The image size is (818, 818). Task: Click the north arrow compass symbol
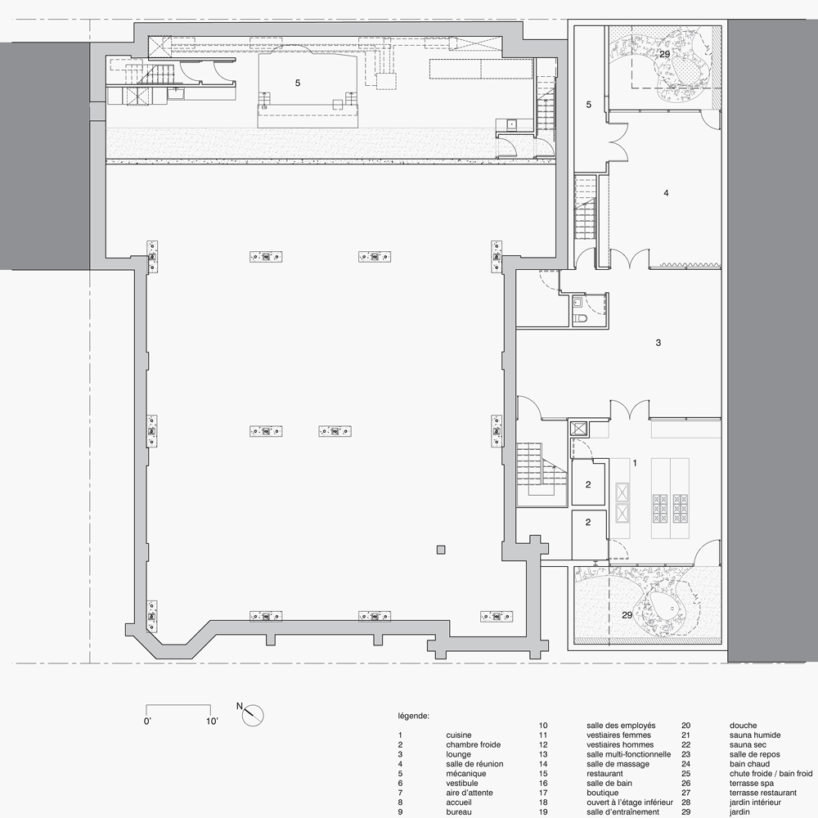(253, 715)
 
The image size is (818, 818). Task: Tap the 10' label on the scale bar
(212, 721)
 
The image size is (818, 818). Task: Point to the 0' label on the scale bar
(147, 721)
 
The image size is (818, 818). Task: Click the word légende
(414, 717)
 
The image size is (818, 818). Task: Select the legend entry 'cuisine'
(459, 735)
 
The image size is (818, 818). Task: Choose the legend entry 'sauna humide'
(755, 735)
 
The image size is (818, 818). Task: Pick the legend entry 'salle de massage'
(618, 764)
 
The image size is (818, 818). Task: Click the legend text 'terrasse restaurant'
(763, 793)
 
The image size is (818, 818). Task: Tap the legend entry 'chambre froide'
(473, 744)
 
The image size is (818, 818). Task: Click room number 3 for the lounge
(658, 343)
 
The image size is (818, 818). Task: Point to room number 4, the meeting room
(666, 193)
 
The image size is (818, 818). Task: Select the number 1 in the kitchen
(635, 463)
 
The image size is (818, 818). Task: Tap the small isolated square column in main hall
(442, 550)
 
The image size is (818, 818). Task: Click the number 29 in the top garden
(664, 54)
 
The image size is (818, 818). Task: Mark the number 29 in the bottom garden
(627, 615)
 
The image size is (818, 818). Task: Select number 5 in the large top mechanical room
(298, 83)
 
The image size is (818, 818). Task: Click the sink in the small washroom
(578, 302)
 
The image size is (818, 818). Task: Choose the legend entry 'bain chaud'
(749, 764)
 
